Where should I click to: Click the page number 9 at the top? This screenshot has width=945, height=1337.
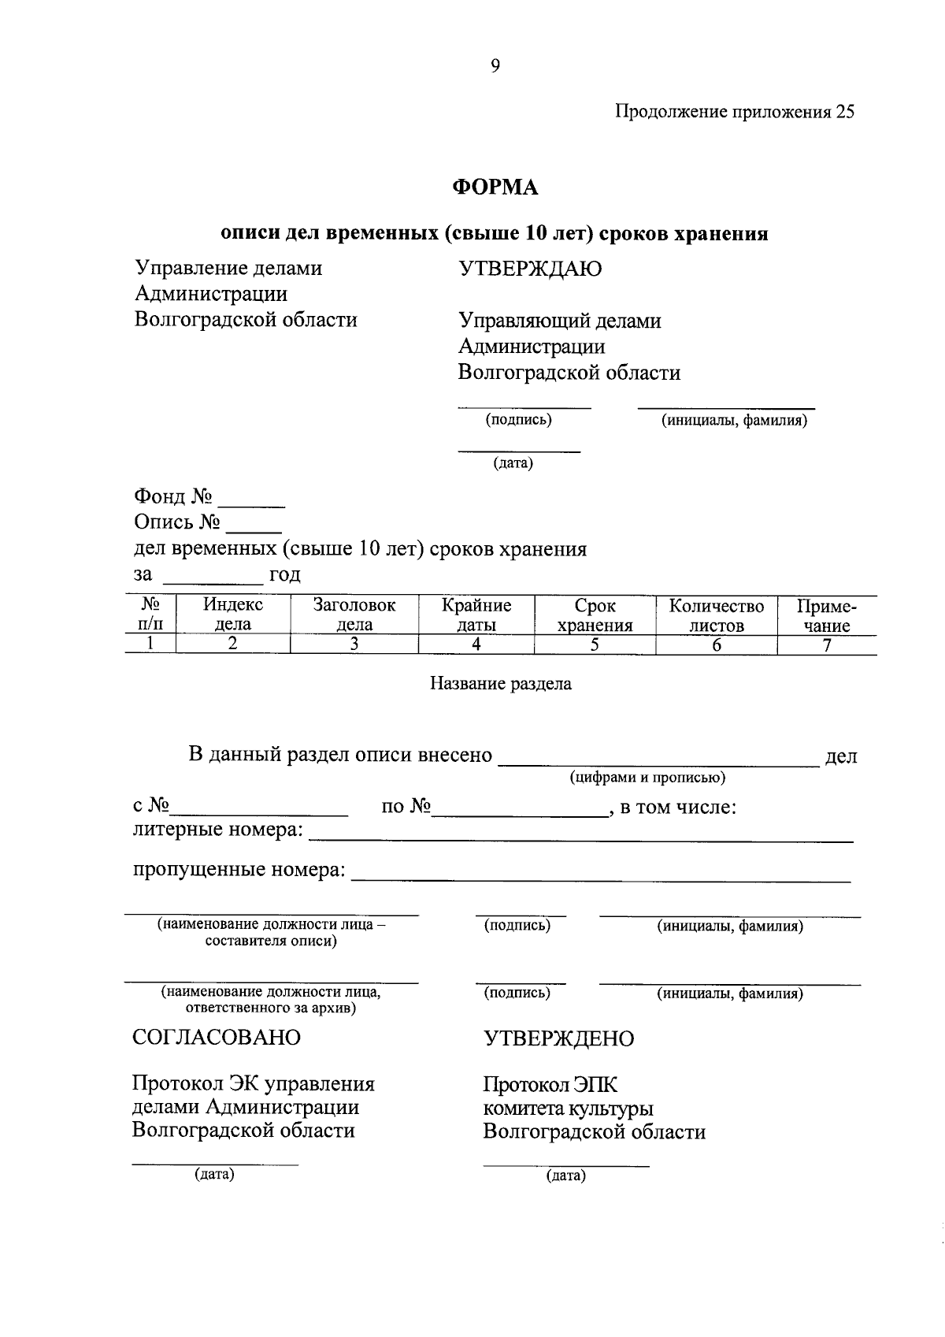495,66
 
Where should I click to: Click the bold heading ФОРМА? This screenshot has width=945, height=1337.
495,188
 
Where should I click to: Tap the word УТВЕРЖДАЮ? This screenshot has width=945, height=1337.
530,269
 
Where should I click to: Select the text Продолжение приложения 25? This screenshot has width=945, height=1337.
734,112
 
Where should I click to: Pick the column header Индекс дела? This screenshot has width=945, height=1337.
233,615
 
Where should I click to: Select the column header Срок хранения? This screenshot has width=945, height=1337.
595,615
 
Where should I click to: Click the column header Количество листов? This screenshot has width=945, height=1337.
716,615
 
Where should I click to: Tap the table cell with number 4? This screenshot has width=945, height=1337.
476,644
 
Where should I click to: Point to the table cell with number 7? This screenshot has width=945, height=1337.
826,644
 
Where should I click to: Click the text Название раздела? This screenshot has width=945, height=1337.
500,684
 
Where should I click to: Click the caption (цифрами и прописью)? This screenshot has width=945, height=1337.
647,778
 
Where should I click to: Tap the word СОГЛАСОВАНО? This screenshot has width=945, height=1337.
217,1037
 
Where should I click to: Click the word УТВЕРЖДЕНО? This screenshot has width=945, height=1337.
558,1038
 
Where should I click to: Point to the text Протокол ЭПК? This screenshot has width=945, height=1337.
550,1085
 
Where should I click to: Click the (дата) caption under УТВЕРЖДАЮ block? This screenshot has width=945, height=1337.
513,464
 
